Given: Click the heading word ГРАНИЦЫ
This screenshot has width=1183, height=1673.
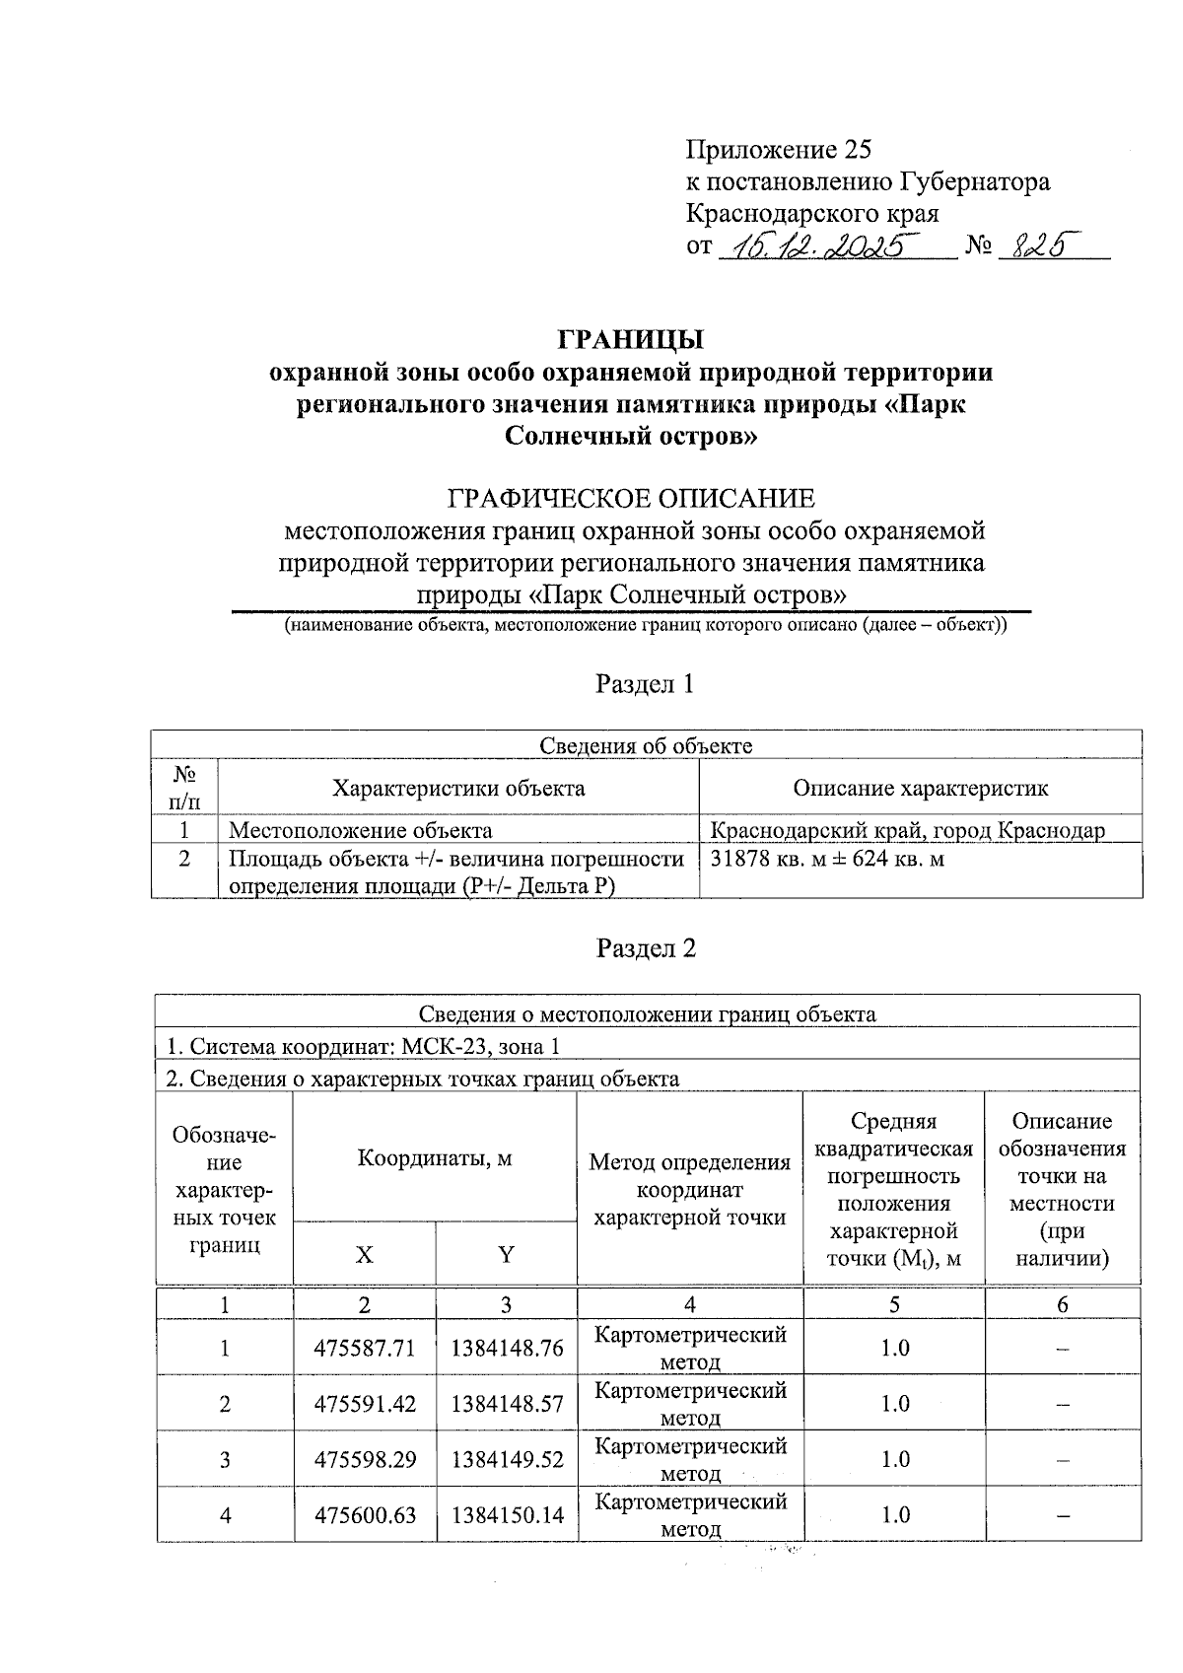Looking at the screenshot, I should [x=631, y=339].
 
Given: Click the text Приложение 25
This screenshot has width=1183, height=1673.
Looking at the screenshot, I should [x=779, y=150].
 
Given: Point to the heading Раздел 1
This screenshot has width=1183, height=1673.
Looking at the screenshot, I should [x=646, y=684].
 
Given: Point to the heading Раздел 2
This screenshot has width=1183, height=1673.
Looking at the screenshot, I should [x=646, y=948].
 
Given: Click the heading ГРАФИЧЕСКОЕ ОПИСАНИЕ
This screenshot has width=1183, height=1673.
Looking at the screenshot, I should [x=632, y=498].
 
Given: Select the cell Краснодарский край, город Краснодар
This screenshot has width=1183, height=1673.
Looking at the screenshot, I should [x=907, y=830].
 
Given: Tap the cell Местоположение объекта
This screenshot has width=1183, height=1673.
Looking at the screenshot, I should [x=361, y=830].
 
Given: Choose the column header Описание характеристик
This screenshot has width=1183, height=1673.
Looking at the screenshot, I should [x=920, y=788].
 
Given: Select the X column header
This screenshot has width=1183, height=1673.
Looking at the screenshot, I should [x=365, y=1254].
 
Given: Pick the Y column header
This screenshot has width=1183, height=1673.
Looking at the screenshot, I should [x=506, y=1254].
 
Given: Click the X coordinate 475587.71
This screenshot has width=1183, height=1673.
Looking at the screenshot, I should [x=365, y=1348].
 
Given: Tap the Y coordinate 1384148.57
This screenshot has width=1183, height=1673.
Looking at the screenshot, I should [x=507, y=1403].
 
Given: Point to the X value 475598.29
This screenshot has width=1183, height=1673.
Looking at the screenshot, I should [x=365, y=1459].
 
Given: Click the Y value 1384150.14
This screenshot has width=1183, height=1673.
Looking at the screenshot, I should [x=507, y=1514].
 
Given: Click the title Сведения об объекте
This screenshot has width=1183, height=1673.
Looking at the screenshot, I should [x=646, y=745].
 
